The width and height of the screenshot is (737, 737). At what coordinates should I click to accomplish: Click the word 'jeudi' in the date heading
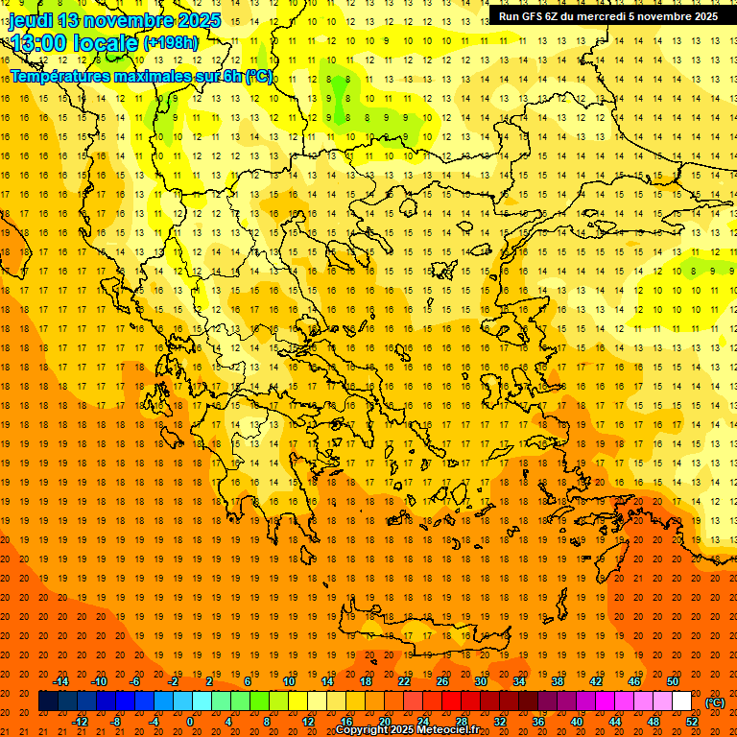(31, 20)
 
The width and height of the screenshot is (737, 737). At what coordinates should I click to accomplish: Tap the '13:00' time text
(41, 43)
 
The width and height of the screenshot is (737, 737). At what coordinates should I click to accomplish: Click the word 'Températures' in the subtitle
(60, 76)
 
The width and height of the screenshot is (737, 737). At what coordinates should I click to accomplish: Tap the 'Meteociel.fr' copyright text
(447, 730)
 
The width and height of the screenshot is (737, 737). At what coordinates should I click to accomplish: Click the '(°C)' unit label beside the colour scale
(715, 702)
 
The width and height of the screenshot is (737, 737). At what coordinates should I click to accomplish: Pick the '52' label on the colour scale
(692, 721)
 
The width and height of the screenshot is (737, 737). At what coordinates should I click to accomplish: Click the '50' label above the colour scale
(672, 681)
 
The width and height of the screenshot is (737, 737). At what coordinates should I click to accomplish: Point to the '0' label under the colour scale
(190, 721)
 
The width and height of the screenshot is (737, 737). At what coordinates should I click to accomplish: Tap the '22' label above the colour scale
(404, 681)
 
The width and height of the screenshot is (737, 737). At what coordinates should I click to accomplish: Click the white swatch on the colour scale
(681, 701)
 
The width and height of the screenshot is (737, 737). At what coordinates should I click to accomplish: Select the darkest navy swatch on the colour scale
(48, 701)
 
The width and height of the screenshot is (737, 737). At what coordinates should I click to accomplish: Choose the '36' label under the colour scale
(537, 721)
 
